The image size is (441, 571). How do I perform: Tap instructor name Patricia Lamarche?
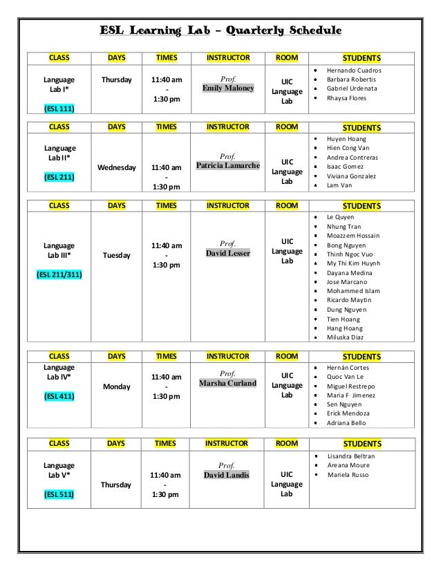point(228,167)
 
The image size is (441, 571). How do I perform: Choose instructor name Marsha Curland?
point(228,383)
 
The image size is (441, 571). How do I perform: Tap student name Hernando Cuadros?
point(354,71)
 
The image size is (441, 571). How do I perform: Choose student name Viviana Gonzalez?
point(352,176)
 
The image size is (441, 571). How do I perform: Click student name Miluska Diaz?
point(345,337)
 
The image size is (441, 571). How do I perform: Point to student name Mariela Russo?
point(347,476)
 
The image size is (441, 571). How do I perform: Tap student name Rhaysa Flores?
point(347,97)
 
